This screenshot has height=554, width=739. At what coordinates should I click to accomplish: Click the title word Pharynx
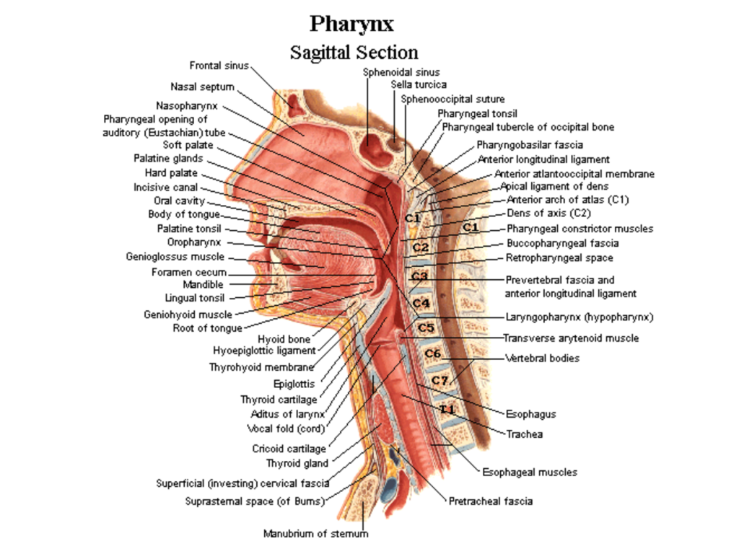pos(352,25)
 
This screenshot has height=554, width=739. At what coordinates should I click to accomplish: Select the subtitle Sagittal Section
pos(354,53)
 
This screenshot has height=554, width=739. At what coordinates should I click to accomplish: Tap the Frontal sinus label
pos(219,66)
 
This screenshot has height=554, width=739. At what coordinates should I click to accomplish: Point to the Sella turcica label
pos(419,84)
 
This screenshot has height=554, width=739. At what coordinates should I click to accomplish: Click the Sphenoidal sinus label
pos(401,71)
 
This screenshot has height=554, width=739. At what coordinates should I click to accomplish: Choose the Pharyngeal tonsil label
pos(477,113)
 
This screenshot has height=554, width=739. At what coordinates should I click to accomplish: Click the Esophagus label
pos(530,415)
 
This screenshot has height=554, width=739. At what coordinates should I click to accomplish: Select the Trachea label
pos(524,434)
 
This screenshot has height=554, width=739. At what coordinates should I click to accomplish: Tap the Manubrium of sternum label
pos(315,534)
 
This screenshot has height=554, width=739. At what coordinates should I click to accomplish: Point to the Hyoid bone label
pos(284,339)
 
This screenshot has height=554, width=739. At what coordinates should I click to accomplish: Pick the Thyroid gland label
pos(297,463)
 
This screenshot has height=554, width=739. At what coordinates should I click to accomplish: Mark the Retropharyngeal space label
pos(560,258)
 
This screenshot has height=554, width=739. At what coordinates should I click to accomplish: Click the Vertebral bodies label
pos(542,358)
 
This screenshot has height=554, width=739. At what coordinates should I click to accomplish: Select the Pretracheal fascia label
pos(491,501)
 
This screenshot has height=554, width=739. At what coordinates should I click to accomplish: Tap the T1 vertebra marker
pos(447,409)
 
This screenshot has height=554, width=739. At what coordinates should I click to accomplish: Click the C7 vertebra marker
pos(440,380)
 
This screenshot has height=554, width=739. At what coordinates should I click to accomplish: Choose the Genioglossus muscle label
pos(185,256)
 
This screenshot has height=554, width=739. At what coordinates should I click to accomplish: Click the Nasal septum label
pos(202,87)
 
